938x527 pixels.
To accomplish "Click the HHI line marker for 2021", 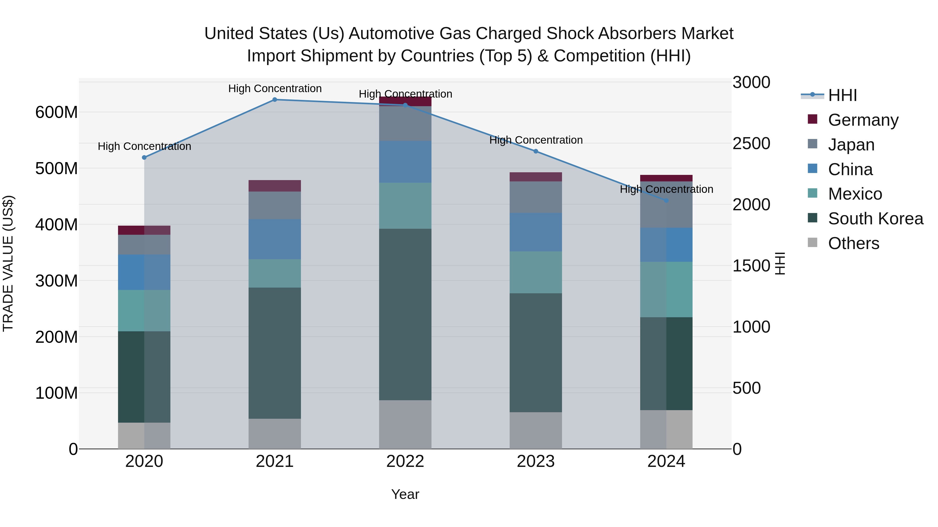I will pos(275,100).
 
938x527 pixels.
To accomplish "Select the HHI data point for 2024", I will pos(666,200).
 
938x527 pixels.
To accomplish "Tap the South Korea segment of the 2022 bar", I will pos(405,315).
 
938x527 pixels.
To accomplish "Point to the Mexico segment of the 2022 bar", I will pos(405,206).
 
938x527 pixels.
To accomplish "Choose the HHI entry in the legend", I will pos(842,95).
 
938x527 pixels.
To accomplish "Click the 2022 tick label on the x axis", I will pos(405,461).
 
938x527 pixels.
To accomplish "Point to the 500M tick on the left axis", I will pos(57,168).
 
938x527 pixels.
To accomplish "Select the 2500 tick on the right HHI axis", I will pos(751,143).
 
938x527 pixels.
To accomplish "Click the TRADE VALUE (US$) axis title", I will pos(8,263).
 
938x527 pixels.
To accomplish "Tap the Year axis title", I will pos(405,494).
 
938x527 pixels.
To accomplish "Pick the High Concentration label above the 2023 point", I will pos(536,140).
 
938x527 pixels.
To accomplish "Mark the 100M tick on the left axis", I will pos(57,393).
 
